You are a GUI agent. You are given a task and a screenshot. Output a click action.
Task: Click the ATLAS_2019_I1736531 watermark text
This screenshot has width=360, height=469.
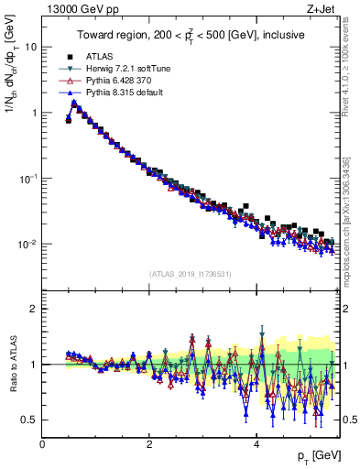(190, 273)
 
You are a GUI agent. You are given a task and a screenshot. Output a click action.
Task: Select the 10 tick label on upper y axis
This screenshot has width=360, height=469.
(30, 46)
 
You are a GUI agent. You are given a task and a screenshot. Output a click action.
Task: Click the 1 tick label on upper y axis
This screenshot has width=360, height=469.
(33, 113)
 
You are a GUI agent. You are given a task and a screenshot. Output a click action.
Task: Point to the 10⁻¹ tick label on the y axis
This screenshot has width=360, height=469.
(27, 179)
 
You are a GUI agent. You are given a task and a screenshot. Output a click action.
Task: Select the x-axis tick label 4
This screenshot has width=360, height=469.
(256, 442)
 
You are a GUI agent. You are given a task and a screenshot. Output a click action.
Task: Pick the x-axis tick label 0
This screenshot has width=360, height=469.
(42, 442)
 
